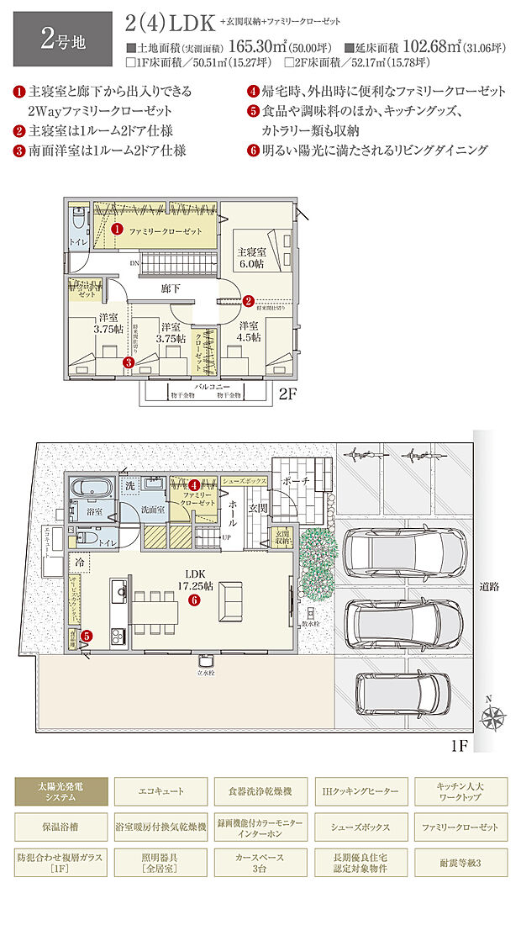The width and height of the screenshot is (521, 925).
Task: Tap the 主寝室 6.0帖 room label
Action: click(x=252, y=256)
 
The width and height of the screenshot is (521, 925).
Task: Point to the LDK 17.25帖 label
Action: click(x=192, y=584)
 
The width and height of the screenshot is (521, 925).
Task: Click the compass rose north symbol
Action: click(x=492, y=717)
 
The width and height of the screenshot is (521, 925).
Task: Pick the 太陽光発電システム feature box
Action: click(x=61, y=790)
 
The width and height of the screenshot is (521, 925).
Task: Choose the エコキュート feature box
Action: click(x=161, y=791)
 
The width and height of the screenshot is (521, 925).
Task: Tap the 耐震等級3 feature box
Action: click(x=460, y=862)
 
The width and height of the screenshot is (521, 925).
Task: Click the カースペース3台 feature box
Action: click(x=260, y=862)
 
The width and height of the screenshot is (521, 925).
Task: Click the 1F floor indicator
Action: click(x=458, y=745)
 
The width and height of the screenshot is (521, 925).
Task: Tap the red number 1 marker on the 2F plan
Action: click(x=117, y=229)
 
